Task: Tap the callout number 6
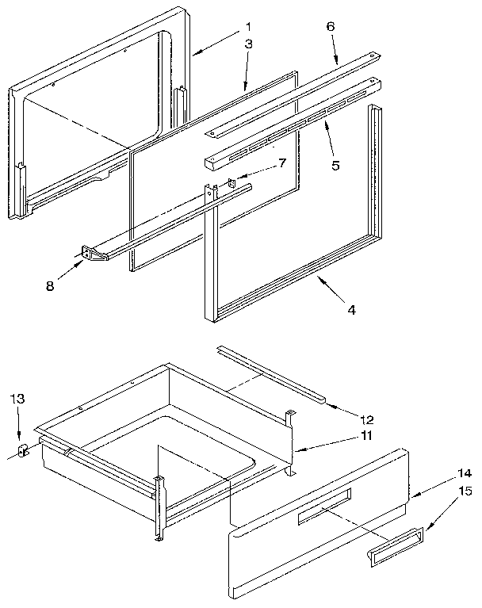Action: click(331, 26)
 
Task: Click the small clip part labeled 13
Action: click(21, 450)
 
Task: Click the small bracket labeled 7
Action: click(230, 185)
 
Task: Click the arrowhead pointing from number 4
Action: click(318, 277)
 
